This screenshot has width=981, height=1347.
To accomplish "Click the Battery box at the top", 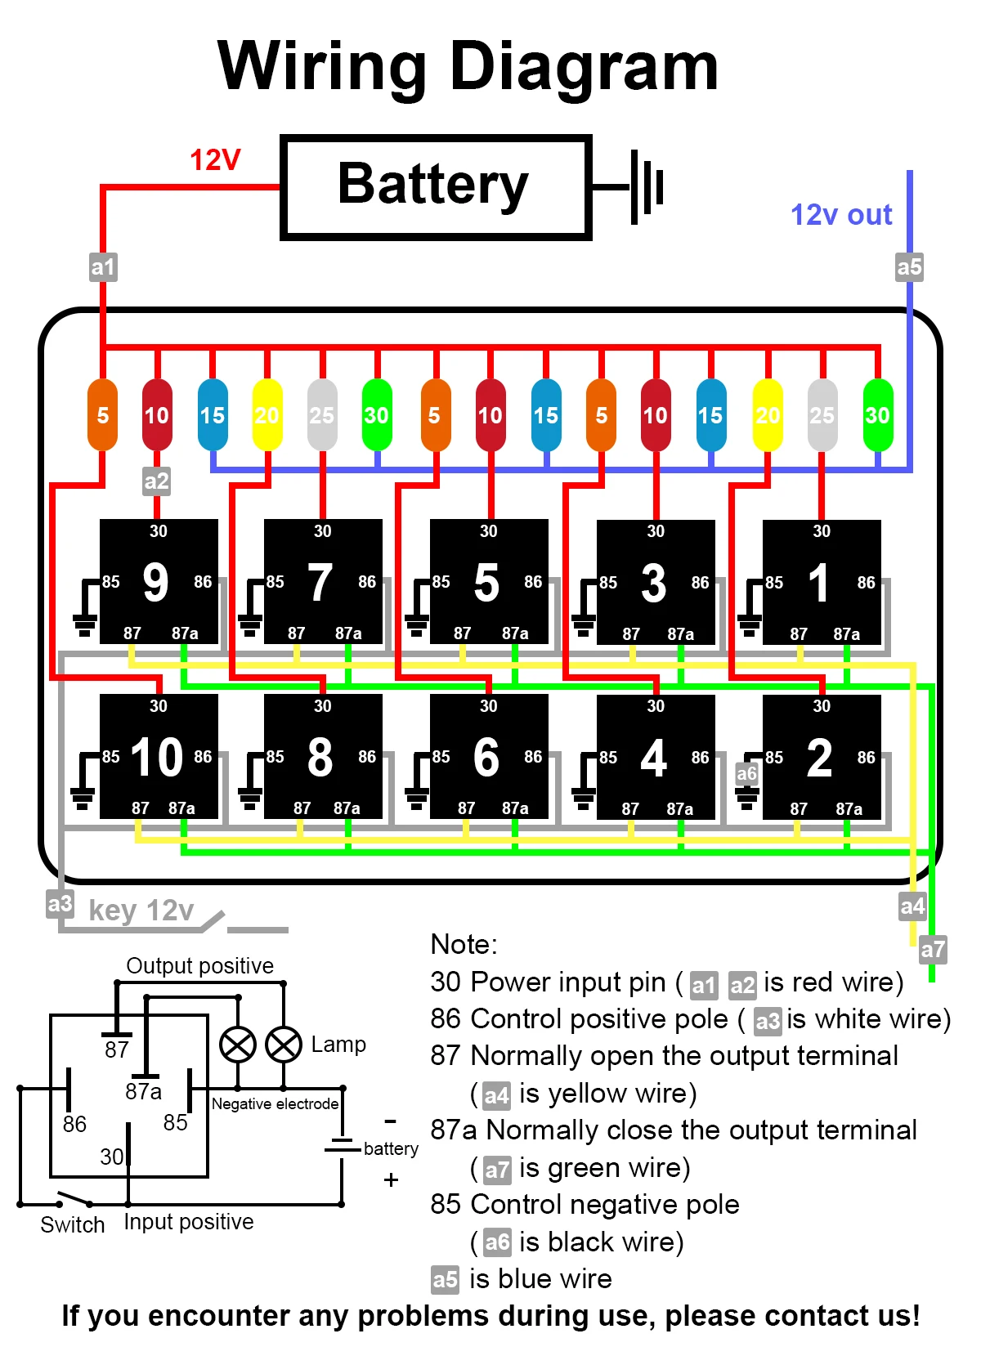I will click(435, 187).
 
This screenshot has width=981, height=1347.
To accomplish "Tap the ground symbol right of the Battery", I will click(647, 187).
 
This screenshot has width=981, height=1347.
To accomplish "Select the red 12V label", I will click(215, 160).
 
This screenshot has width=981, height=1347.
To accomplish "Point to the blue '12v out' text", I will click(840, 215).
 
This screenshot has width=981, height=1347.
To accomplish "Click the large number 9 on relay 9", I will click(155, 582).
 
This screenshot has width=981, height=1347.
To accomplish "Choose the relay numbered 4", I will click(656, 757).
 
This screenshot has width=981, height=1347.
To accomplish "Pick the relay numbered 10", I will click(159, 757).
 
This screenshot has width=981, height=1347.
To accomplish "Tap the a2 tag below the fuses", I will click(156, 481).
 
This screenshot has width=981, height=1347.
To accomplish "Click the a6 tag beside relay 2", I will click(746, 773).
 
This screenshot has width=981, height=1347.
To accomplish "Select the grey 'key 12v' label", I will click(141, 911).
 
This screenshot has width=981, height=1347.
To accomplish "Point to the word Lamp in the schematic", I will click(338, 1045).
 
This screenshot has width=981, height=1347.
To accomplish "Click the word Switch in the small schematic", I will click(73, 1225).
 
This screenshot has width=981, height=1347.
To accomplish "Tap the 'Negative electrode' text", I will click(275, 1104).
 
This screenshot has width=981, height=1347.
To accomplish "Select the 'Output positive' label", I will click(199, 966).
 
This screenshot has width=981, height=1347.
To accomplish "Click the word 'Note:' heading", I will click(464, 945).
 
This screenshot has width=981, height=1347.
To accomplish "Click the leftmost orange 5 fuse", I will click(103, 414).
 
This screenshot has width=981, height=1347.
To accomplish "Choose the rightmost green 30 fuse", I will click(877, 414).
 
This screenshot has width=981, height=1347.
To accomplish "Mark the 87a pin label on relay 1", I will click(846, 634).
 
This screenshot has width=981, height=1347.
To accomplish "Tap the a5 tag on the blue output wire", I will click(909, 267).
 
